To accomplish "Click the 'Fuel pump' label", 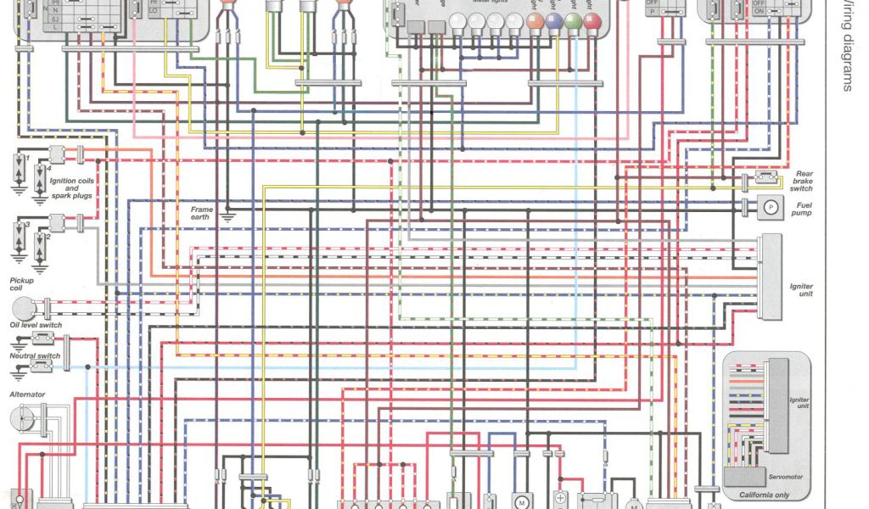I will tap(801, 208).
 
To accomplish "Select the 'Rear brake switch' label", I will tap(802, 181).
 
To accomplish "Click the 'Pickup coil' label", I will tap(22, 284).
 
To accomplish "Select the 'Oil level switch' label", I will tap(36, 325).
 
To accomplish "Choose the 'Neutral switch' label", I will tap(35, 356).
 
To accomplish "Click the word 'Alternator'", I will tap(27, 394).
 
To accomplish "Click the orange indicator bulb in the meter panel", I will tap(535, 22).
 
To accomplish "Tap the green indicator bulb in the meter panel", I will tap(574, 22).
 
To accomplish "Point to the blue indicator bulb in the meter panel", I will tap(554, 22).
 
